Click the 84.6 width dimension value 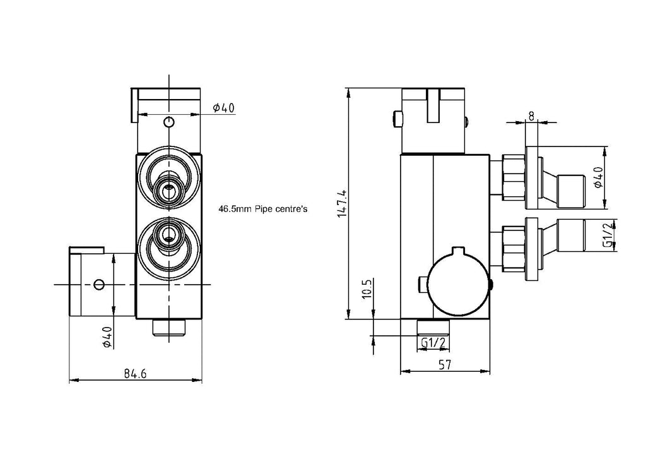135,374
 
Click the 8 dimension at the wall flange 531,116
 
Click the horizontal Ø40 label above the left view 223,108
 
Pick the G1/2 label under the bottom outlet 434,343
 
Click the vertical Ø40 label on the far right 597,177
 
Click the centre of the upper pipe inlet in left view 168,187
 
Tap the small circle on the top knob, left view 168,122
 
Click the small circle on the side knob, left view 98,285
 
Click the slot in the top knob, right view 433,105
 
